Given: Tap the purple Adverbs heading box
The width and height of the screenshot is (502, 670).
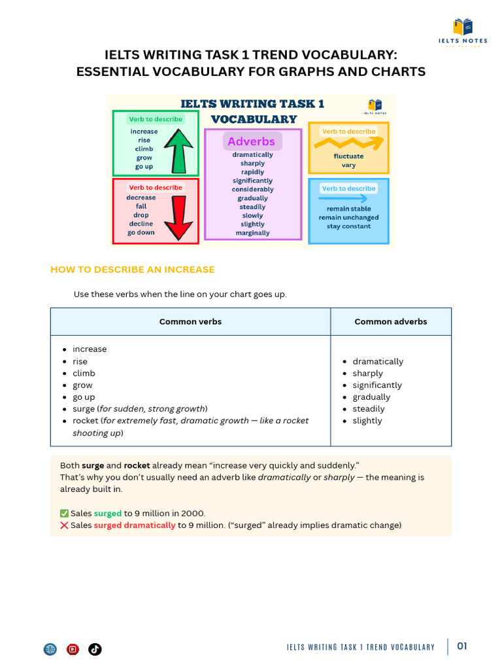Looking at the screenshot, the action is pos(252,141).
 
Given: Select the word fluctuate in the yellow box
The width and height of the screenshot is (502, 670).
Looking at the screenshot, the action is pos(348,156).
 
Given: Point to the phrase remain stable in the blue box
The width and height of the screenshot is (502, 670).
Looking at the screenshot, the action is pos(348,209).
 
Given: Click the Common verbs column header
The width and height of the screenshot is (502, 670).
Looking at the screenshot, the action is pos(190,321).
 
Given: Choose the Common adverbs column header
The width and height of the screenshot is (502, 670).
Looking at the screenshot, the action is pos(391,321).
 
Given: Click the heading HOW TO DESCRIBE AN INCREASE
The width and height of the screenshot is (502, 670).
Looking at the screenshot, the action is pos(133,270).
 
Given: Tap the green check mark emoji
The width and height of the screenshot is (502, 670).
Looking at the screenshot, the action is pos(64,514).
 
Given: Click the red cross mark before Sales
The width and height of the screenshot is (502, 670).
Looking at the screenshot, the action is pos(64,525).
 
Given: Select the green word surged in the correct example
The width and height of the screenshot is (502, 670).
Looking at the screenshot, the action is pos(108,514).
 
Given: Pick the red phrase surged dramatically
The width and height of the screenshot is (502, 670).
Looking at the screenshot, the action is pos(135,525).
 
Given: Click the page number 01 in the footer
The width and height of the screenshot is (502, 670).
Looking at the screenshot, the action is pos(462,646).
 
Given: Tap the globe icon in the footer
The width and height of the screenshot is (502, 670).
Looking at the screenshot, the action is pos(50,649).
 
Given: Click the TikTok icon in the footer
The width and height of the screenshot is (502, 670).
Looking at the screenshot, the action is pos(95,649).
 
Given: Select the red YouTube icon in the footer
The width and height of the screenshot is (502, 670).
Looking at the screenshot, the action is pos(73,649).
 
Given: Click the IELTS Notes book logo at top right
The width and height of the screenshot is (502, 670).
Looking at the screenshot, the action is pos(463,27).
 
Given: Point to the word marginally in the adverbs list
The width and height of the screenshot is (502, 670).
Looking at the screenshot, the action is pos(252,233).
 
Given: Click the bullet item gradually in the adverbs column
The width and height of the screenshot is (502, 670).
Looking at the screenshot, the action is pos(371,397).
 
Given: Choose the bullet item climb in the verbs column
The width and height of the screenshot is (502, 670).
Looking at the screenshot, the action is pos(84,374).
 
